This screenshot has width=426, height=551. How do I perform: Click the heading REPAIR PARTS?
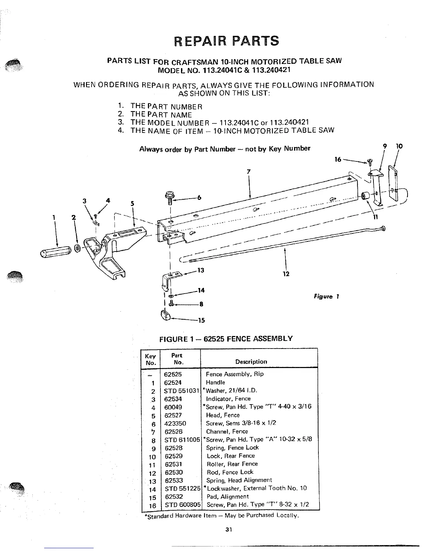226,41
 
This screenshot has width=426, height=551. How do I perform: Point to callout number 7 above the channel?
248,171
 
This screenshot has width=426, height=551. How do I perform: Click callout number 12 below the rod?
286,274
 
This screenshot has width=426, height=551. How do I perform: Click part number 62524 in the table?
173,382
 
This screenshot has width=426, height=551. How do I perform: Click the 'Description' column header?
251,362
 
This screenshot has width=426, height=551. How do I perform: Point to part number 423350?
175,423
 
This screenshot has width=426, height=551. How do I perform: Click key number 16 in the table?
152,506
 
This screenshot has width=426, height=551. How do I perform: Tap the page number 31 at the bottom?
228,530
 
